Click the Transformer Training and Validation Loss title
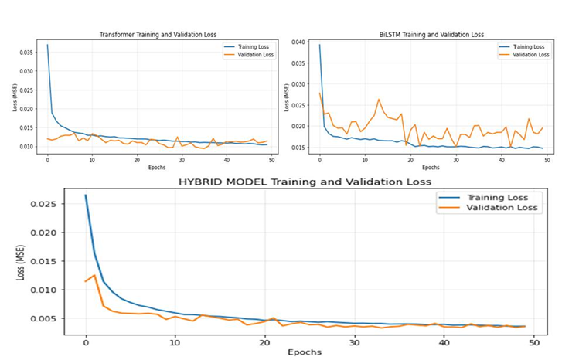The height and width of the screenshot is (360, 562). coord(158,35)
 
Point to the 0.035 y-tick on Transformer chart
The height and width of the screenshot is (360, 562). coord(26,53)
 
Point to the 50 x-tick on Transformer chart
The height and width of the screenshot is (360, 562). coord(270,160)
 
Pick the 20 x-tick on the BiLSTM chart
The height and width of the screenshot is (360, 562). coord(410,160)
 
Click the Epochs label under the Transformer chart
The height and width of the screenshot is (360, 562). coord(158,167)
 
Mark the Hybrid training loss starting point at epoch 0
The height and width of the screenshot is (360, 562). coord(86,195)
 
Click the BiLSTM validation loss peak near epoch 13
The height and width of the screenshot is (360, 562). coord(379,99)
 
